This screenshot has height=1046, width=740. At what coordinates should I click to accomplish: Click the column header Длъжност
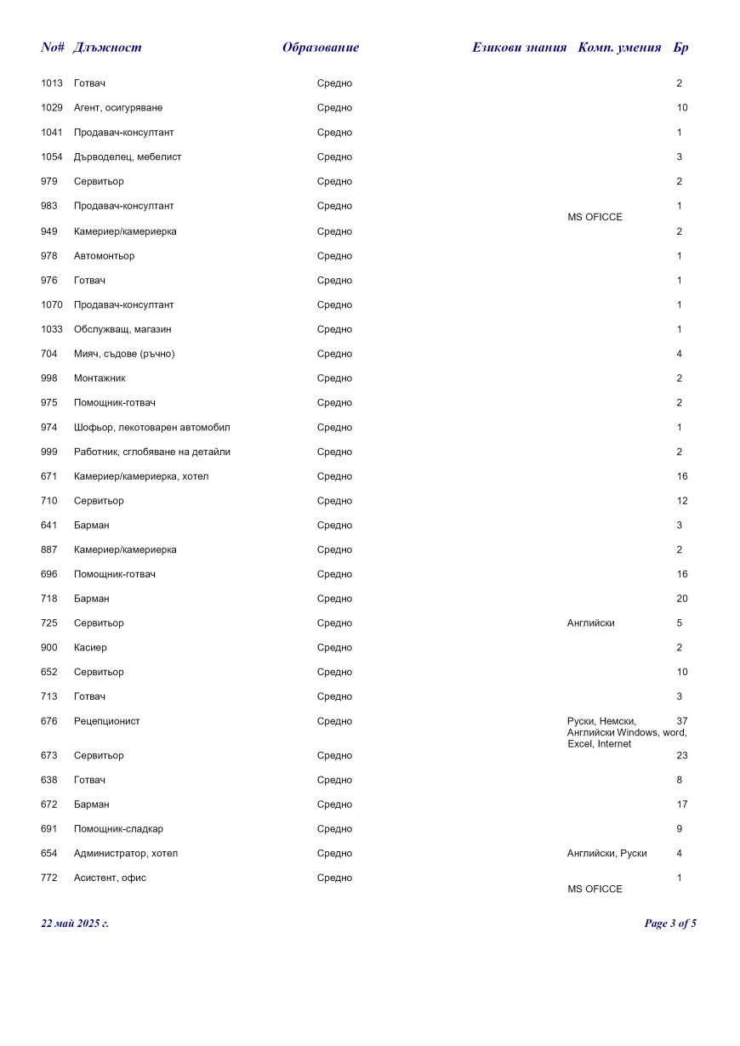click(x=107, y=48)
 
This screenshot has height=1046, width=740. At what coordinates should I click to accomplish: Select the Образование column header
click(x=321, y=48)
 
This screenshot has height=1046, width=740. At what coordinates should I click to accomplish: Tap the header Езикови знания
click(x=519, y=48)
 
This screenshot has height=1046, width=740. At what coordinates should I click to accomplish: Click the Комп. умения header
click(x=619, y=48)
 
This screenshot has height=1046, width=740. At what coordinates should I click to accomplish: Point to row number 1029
click(x=52, y=108)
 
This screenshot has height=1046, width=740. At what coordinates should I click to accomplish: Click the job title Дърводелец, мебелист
click(x=128, y=157)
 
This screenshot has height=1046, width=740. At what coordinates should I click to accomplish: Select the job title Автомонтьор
click(x=104, y=256)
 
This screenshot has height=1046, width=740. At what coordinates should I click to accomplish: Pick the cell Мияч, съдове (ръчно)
click(x=124, y=354)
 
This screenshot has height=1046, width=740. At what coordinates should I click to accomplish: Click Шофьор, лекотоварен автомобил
click(x=151, y=428)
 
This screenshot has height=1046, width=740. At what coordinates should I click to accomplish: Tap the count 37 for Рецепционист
click(x=682, y=721)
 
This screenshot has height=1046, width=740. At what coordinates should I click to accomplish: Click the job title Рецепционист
click(x=107, y=721)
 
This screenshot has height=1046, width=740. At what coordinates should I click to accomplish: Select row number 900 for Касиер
click(x=49, y=648)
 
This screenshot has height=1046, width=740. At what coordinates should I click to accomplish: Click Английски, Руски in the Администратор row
click(x=606, y=854)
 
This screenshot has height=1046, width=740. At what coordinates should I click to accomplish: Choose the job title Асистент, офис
click(x=110, y=878)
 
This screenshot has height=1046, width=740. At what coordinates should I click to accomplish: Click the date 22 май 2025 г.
click(x=75, y=924)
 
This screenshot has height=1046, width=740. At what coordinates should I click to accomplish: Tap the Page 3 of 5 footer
click(x=670, y=924)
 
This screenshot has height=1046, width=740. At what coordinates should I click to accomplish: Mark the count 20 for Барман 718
click(x=682, y=599)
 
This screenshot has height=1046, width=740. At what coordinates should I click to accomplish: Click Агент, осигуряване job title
click(x=118, y=108)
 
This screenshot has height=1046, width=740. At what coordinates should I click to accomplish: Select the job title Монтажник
click(x=100, y=378)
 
